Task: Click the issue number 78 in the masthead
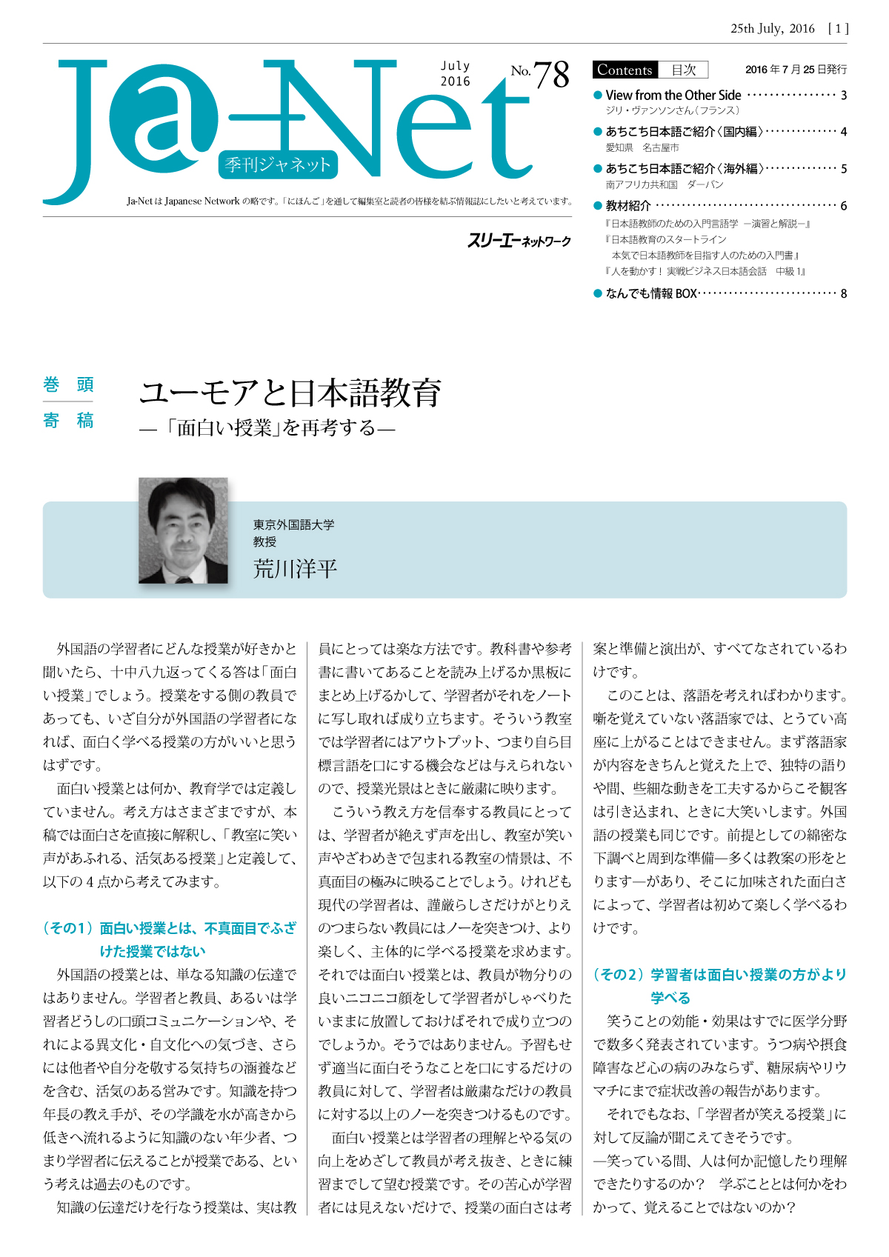pyautogui.click(x=551, y=75)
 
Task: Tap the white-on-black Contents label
pyautogui.click(x=625, y=70)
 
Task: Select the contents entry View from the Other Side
pyautogui.click(x=673, y=95)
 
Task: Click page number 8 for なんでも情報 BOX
pyautogui.click(x=843, y=293)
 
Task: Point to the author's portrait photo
pyautogui.click(x=183, y=530)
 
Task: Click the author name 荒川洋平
pyautogui.click(x=295, y=568)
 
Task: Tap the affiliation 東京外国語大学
pyautogui.click(x=293, y=524)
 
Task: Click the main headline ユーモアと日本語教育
pyautogui.click(x=290, y=393)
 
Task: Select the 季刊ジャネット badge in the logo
pyautogui.click(x=278, y=164)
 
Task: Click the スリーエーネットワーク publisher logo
pyautogui.click(x=519, y=241)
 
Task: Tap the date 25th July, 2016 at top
pyautogui.click(x=772, y=29)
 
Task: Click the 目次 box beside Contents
pyautogui.click(x=683, y=70)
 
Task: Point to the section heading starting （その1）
pyautogui.click(x=170, y=939)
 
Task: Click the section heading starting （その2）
pyautogui.click(x=719, y=986)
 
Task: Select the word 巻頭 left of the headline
pyautogui.click(x=68, y=384)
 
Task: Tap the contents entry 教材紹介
pyautogui.click(x=628, y=205)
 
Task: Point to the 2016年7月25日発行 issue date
pyautogui.click(x=796, y=70)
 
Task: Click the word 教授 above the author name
pyautogui.click(x=264, y=541)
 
